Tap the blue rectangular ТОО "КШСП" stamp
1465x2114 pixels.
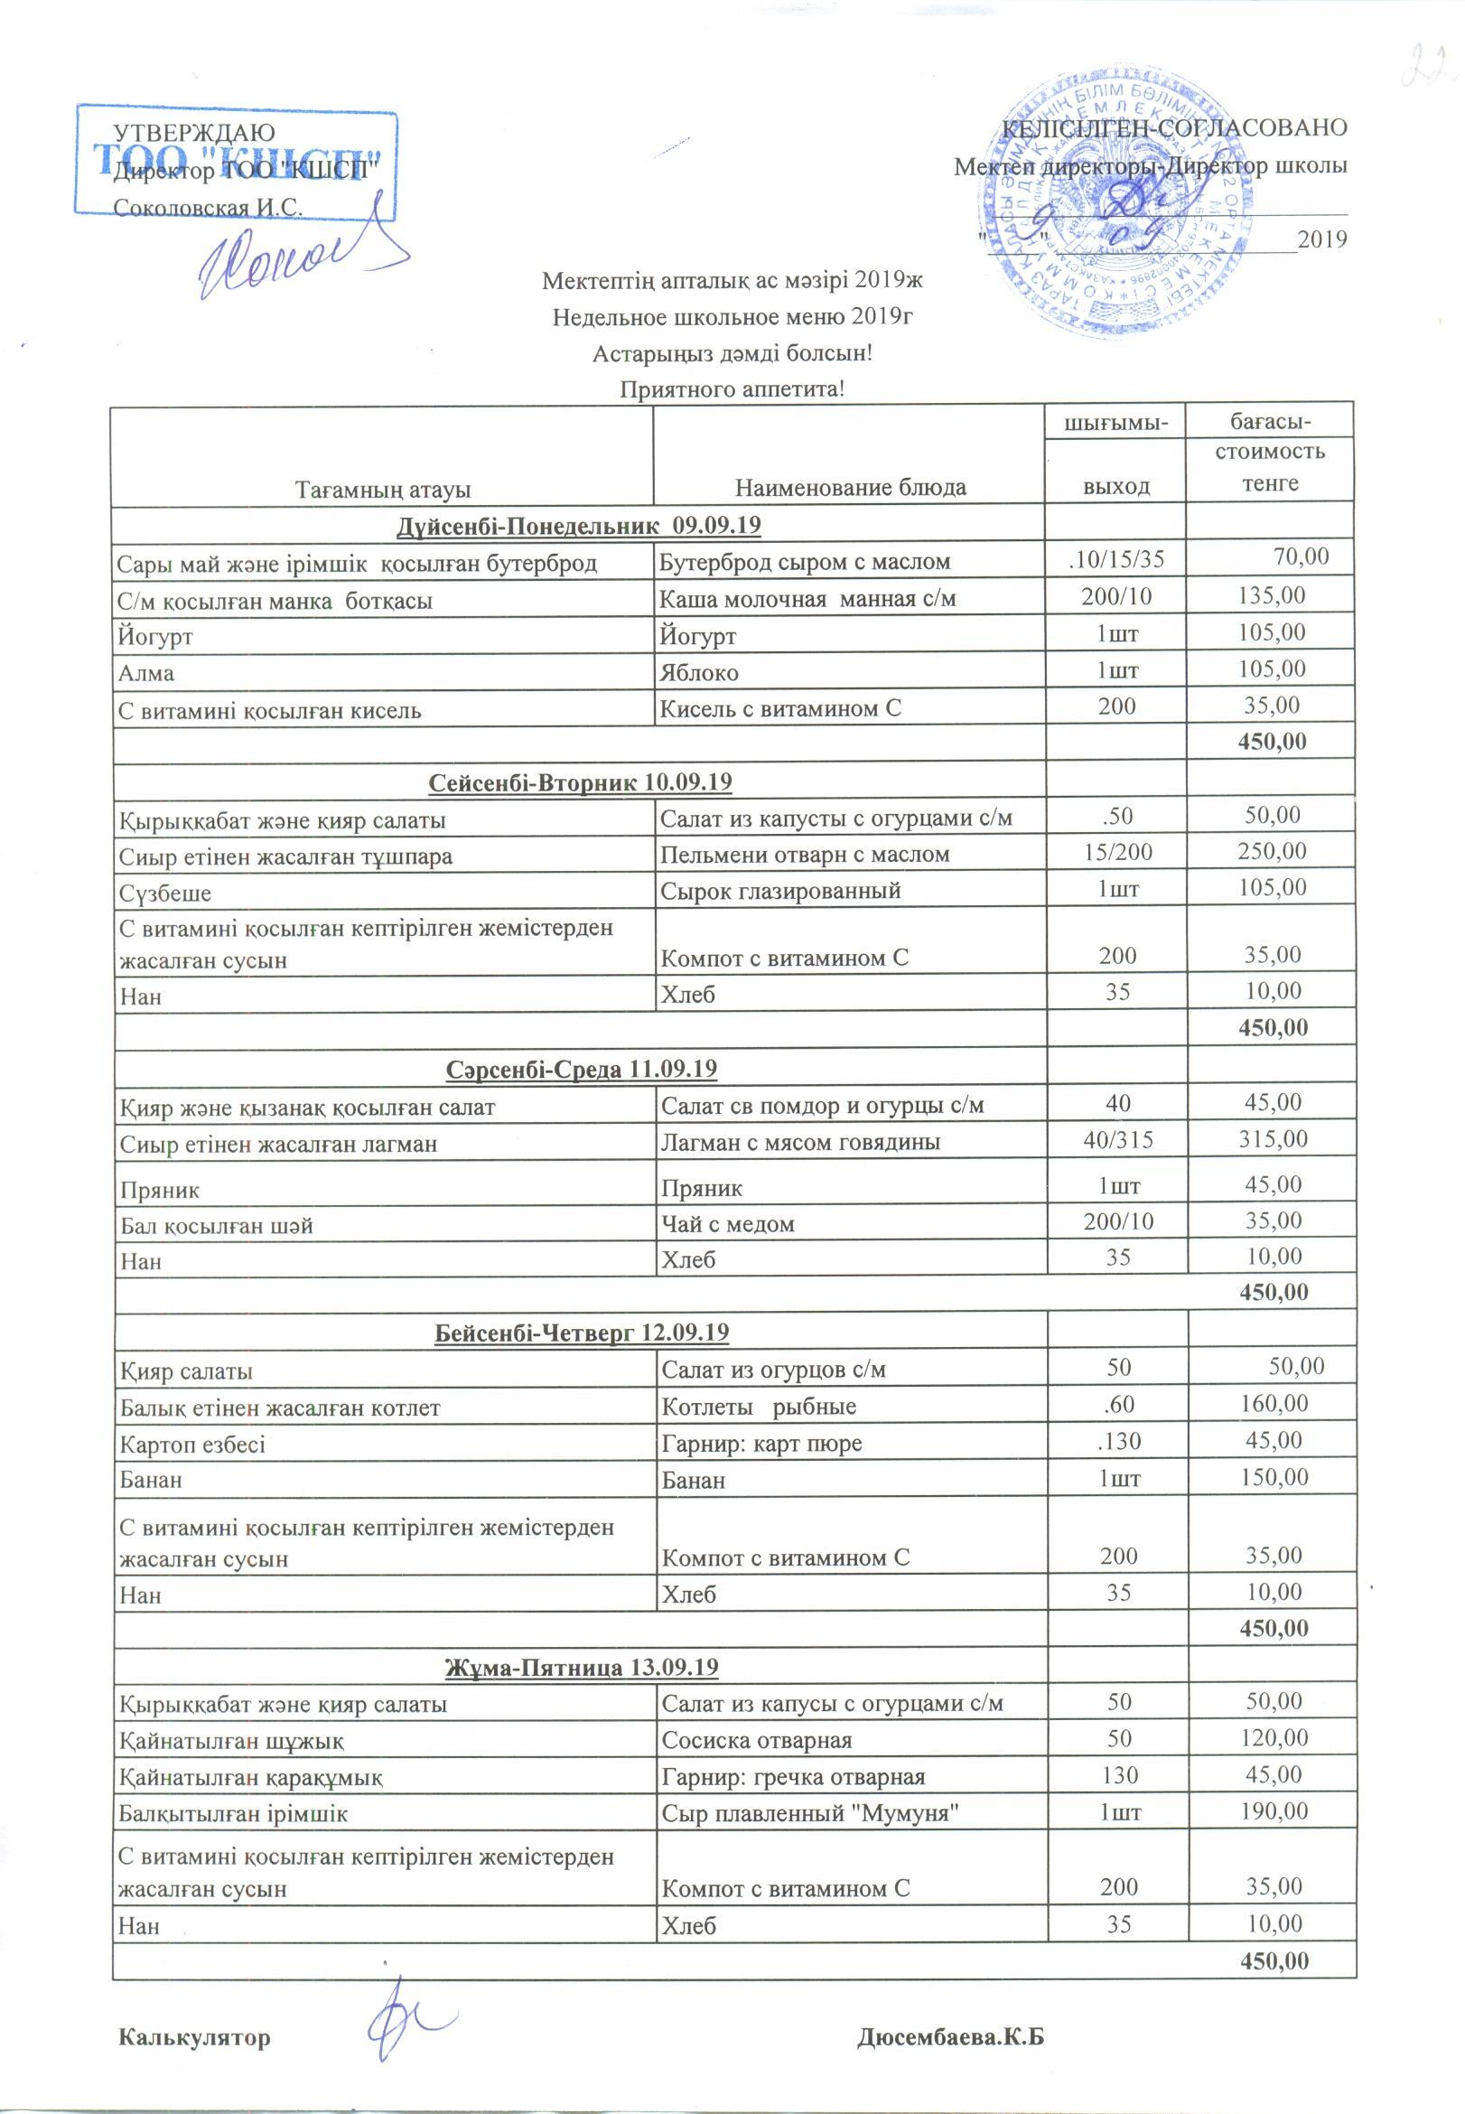(x=237, y=161)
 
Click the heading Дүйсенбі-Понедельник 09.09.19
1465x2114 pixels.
(x=580, y=526)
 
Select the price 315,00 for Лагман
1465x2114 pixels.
(x=1271, y=1141)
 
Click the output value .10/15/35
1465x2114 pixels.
(x=1115, y=558)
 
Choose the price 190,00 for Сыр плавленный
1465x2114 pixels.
(x=1271, y=1812)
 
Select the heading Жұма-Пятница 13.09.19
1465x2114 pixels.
(x=581, y=1667)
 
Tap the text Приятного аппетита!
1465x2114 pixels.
(x=732, y=389)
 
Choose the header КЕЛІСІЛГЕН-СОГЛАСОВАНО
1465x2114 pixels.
(x=1175, y=127)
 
